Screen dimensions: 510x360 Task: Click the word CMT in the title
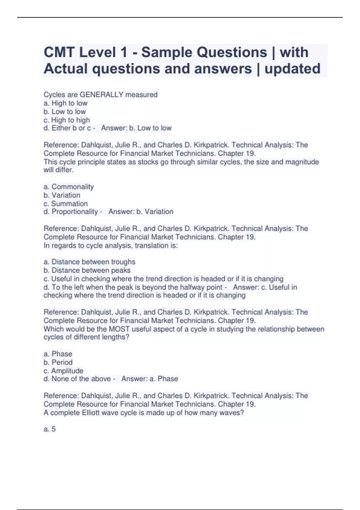click(59, 52)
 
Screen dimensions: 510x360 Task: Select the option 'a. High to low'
click(65, 103)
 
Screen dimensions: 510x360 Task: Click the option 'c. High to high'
click(67, 120)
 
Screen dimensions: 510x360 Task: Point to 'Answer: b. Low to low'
click(136, 128)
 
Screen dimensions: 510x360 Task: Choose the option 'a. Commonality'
click(69, 187)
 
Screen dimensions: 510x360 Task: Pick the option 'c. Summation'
click(66, 204)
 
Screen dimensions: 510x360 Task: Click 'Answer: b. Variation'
click(141, 212)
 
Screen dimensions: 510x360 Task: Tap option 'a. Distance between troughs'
click(89, 262)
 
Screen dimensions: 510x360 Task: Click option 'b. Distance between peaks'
click(87, 270)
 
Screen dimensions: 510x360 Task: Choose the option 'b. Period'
click(58, 362)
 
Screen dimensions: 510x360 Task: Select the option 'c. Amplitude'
click(63, 371)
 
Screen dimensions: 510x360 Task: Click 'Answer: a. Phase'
click(150, 379)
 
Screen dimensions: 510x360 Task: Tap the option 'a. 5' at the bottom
click(49, 429)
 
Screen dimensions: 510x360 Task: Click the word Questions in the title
click(204, 52)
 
